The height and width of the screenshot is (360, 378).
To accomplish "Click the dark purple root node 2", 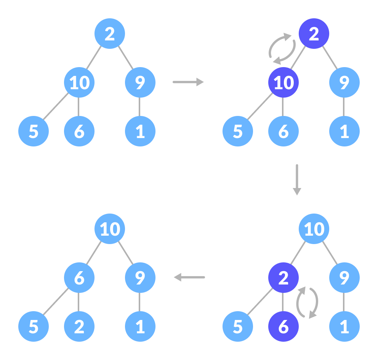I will [314, 34].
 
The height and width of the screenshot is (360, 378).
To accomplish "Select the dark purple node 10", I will [283, 82].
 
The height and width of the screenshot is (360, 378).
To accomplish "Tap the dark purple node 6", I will [283, 327].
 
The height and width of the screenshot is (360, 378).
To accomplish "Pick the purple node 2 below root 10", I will [283, 278].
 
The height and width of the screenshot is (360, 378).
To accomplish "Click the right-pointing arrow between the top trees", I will [188, 82].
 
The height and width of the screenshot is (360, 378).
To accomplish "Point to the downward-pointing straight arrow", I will [297, 180].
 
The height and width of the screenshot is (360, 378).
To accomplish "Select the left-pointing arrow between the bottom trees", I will [189, 277].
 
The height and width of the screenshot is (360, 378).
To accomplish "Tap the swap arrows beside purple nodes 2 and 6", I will [307, 302].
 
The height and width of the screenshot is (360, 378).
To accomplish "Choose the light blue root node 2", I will [110, 34].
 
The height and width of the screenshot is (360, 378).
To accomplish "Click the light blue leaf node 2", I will [79, 327].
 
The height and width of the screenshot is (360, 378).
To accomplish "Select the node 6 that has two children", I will [79, 278].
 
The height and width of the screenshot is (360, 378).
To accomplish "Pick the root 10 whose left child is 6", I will [110, 229].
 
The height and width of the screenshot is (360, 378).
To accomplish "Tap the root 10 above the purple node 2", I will [314, 229].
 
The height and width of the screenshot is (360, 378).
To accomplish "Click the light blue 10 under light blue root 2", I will [79, 82].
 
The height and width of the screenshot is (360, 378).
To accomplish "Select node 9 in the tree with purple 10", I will [344, 82].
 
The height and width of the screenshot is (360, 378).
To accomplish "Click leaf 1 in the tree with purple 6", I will [344, 327].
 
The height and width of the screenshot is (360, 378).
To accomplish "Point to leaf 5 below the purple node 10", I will [237, 131].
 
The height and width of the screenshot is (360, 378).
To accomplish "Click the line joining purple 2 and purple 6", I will [283, 302].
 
